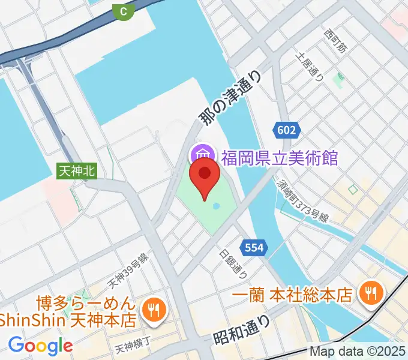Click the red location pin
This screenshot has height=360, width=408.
pyautogui.click(x=205, y=178)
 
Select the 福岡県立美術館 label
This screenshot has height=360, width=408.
pyautogui.click(x=280, y=158)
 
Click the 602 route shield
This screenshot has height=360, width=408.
pyautogui.click(x=286, y=129)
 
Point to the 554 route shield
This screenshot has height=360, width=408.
pyautogui.click(x=253, y=247)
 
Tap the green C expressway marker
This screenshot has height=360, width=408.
pyautogui.click(x=124, y=10)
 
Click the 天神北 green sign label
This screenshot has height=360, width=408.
pyautogui.click(x=77, y=171)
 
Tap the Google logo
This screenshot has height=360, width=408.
pyautogui.click(x=40, y=346)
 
